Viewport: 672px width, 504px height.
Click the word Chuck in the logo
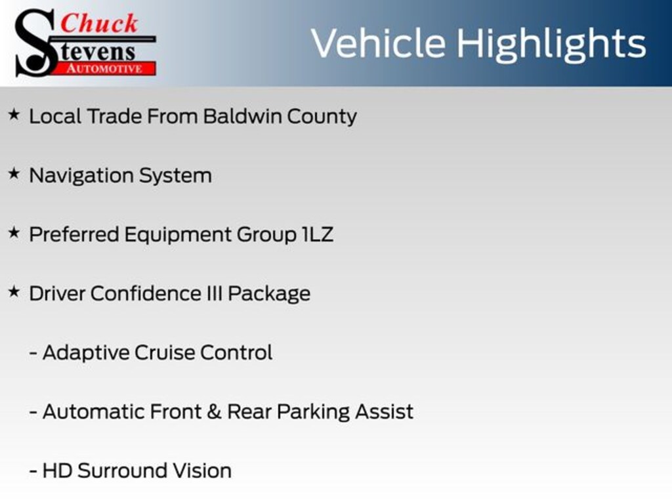point(99,23)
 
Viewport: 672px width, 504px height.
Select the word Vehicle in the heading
point(378,43)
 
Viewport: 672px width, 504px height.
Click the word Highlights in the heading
point(551,44)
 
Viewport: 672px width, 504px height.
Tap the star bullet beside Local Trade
point(14,114)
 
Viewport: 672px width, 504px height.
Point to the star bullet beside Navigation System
point(14,173)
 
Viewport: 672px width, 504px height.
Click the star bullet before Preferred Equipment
point(14,233)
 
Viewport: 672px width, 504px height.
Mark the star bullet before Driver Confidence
point(14,292)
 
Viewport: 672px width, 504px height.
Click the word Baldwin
point(242,116)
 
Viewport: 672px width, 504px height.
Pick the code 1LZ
point(318,234)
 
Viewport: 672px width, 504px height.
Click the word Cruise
point(165,352)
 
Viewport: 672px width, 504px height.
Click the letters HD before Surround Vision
point(58,471)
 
